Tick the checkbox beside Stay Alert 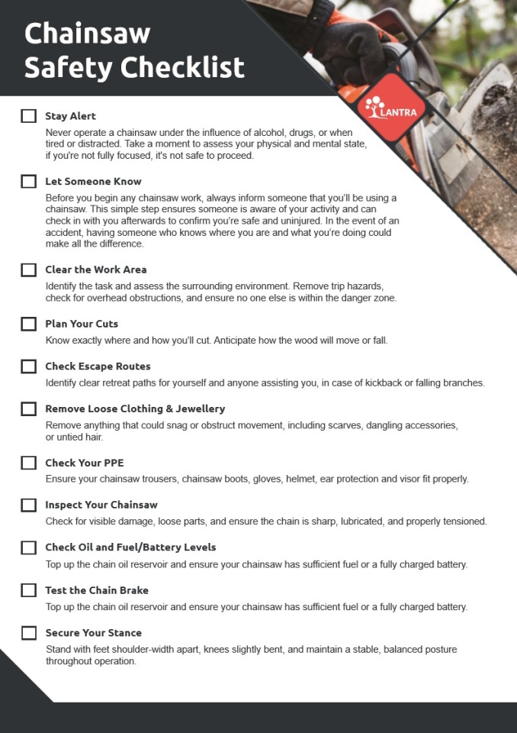(28, 116)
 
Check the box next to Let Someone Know (28, 182)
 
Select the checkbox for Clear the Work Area (28, 270)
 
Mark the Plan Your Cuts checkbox (28, 324)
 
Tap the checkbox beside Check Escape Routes (28, 366)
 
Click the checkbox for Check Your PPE (28, 463)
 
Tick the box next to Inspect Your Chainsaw (28, 505)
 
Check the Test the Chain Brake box (28, 590)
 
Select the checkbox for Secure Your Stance (28, 633)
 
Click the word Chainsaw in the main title (87, 34)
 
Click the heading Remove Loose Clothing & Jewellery (135, 408)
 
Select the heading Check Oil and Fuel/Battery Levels (130, 547)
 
